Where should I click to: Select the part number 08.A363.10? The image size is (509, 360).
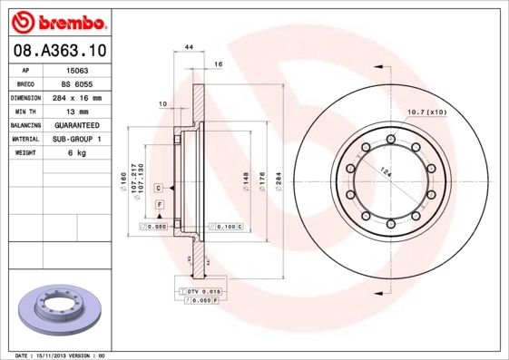pos(58,52)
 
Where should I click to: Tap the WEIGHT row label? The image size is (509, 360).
pos(24,153)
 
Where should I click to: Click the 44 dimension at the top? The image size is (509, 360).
pos(189,46)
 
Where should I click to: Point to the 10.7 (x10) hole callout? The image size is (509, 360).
pos(426,112)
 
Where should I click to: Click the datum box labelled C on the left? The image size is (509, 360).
pos(159,188)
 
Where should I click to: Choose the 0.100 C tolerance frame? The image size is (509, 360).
pos(226,225)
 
